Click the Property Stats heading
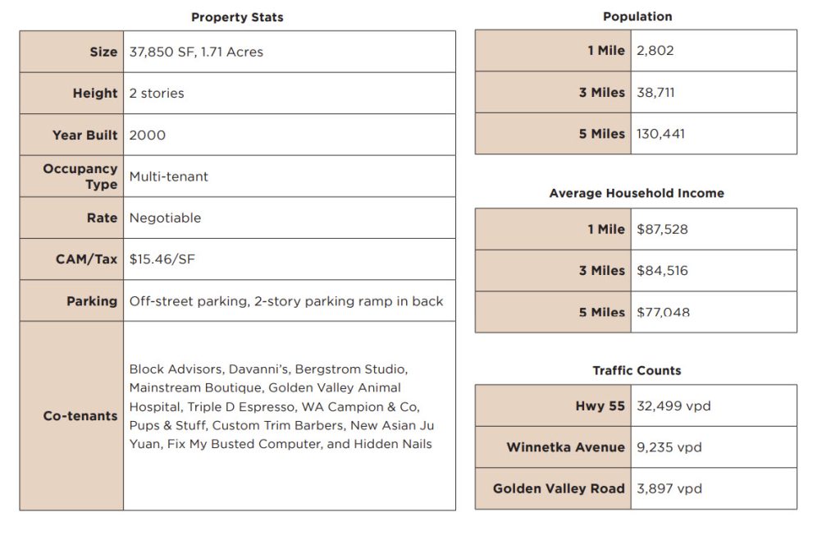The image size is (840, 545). pos(237,17)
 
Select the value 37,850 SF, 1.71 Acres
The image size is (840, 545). pos(196,52)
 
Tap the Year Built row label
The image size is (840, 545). pos(85,135)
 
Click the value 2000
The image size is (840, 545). pos(148,135)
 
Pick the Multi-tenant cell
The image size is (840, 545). pos(169,176)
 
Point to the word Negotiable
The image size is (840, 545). pos(165,218)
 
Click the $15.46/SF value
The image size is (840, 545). pos(162,259)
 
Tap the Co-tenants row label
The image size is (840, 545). pos(80,416)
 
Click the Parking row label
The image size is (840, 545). pos(92,301)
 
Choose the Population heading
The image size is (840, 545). pos(637,16)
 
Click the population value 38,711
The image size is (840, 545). pos(655,92)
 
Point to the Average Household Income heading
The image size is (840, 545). pos(637,194)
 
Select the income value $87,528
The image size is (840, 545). pos(662,229)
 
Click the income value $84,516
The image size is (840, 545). pos(662,270)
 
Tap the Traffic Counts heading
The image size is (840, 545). pos(637,371)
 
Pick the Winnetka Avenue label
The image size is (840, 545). pos(565,447)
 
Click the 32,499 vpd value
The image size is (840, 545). pos(673,405)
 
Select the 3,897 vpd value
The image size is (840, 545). pos(669,488)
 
